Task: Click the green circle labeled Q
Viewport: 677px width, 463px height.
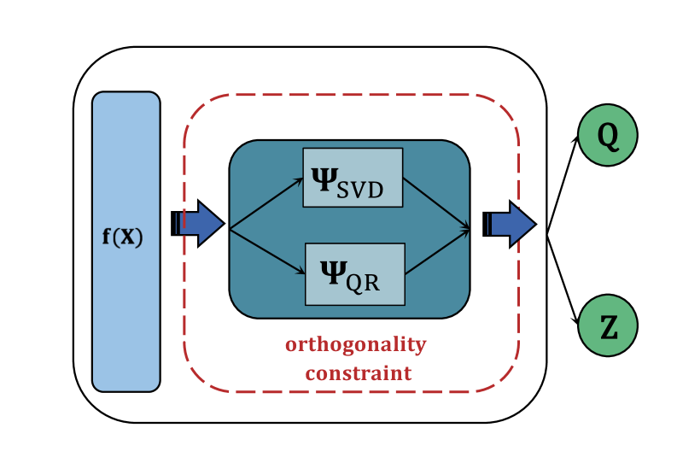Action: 607,135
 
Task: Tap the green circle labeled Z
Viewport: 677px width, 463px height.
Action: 607,325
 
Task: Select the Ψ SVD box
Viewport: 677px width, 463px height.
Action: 353,178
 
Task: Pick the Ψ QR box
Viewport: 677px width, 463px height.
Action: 354,273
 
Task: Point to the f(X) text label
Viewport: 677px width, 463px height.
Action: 123,237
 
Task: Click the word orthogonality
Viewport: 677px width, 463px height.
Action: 355,345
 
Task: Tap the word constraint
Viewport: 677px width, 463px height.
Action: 359,373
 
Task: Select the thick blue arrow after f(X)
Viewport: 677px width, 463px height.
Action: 198,224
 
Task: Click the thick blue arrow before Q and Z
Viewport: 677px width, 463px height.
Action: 510,224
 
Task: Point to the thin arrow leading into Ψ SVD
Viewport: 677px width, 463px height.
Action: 266,205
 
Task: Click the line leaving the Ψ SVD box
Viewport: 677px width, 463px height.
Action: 437,203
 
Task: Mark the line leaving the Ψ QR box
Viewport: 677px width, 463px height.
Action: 437,252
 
